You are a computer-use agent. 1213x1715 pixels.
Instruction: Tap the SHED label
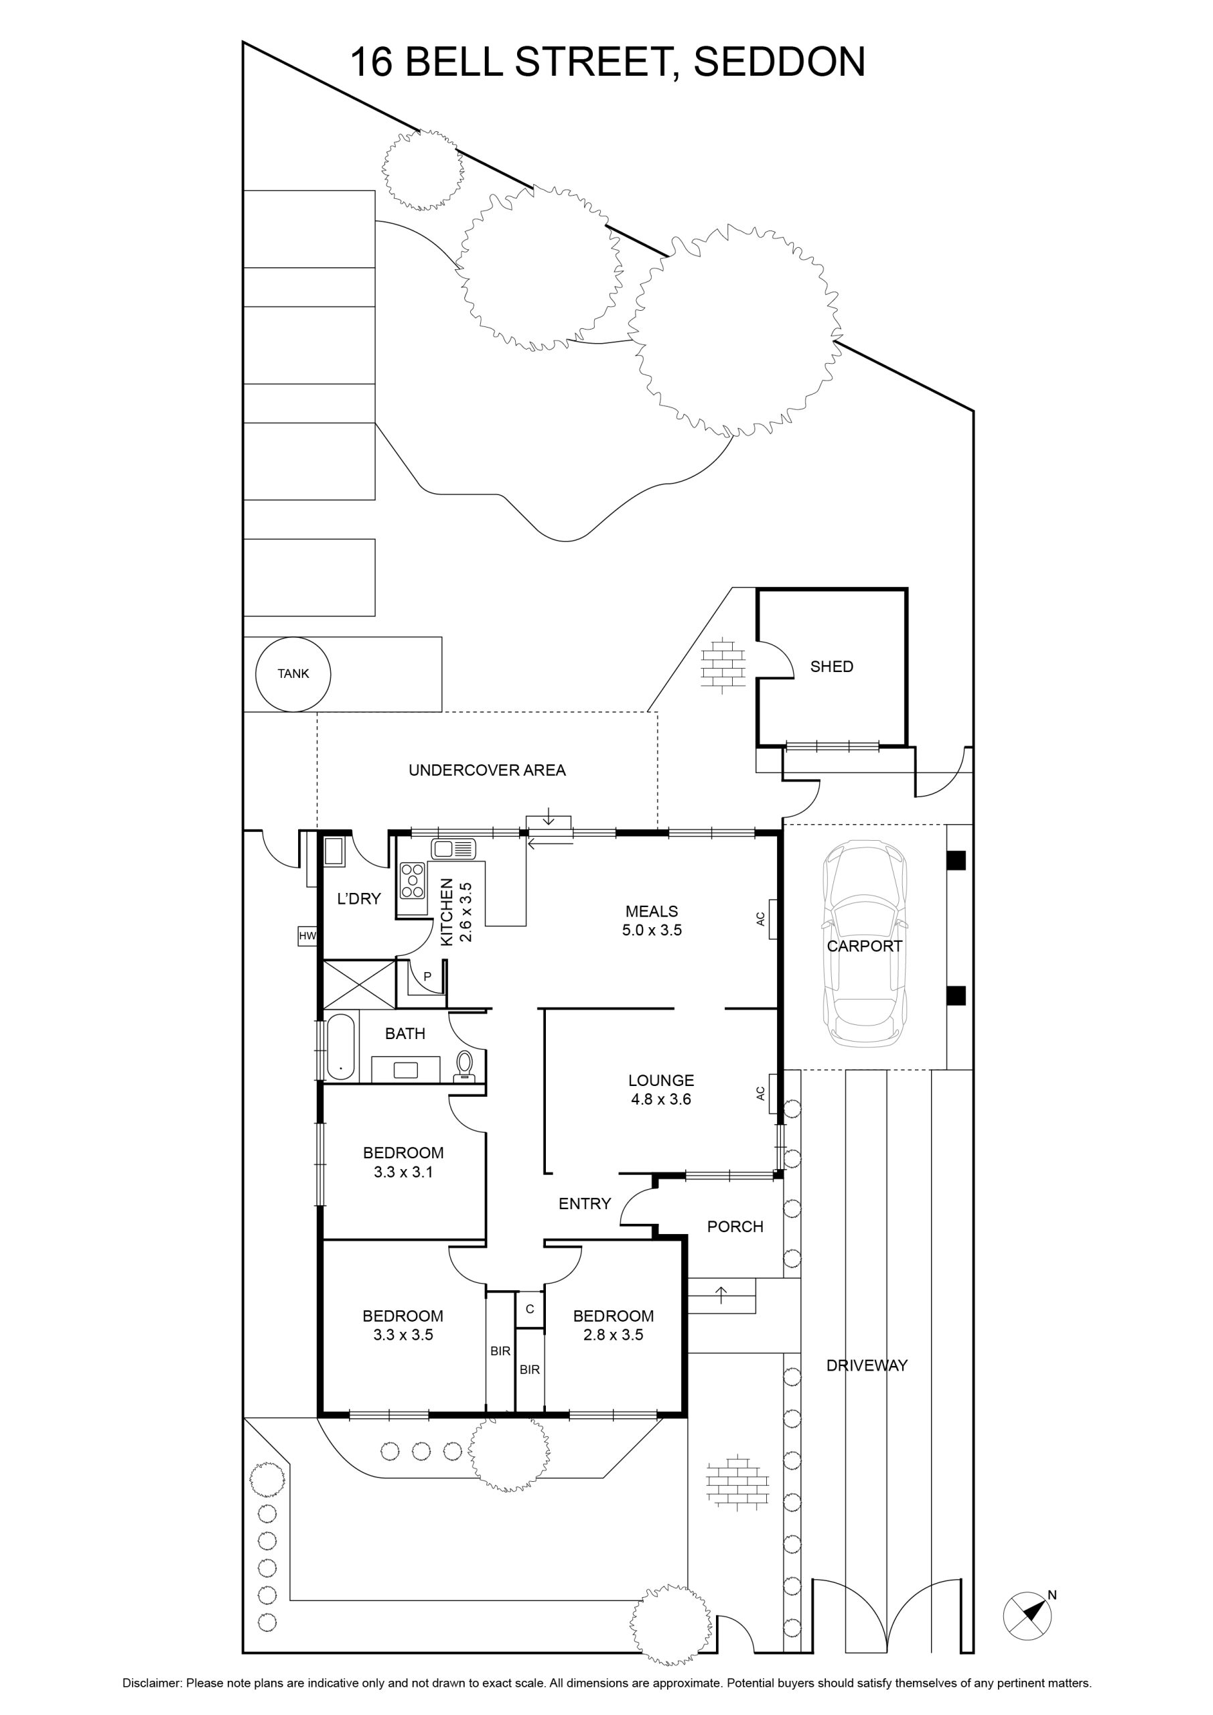click(x=831, y=667)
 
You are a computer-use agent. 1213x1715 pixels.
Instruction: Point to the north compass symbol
click(x=1030, y=1615)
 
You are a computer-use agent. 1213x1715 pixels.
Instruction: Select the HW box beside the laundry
click(x=307, y=936)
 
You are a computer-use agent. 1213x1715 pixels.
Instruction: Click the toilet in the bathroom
click(x=465, y=1065)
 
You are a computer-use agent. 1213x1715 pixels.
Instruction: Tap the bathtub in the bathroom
click(x=341, y=1046)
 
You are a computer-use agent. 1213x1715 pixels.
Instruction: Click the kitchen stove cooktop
click(x=413, y=880)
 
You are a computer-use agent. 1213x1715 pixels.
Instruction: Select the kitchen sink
click(x=453, y=849)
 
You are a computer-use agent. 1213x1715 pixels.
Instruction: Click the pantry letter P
click(x=427, y=976)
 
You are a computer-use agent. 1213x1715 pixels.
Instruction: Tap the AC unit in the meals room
click(x=772, y=918)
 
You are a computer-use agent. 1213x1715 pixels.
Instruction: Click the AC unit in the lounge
click(x=772, y=1093)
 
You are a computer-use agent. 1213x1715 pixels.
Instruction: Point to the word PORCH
click(x=735, y=1227)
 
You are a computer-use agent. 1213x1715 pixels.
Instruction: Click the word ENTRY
click(x=585, y=1203)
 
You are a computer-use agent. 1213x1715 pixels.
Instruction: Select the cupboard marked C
click(x=530, y=1308)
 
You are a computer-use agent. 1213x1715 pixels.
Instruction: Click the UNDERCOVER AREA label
click(x=487, y=770)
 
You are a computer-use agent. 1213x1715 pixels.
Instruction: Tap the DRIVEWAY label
click(x=867, y=1365)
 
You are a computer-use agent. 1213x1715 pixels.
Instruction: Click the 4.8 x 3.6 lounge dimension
click(x=661, y=1099)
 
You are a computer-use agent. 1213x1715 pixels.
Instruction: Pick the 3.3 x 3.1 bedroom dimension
click(x=403, y=1172)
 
